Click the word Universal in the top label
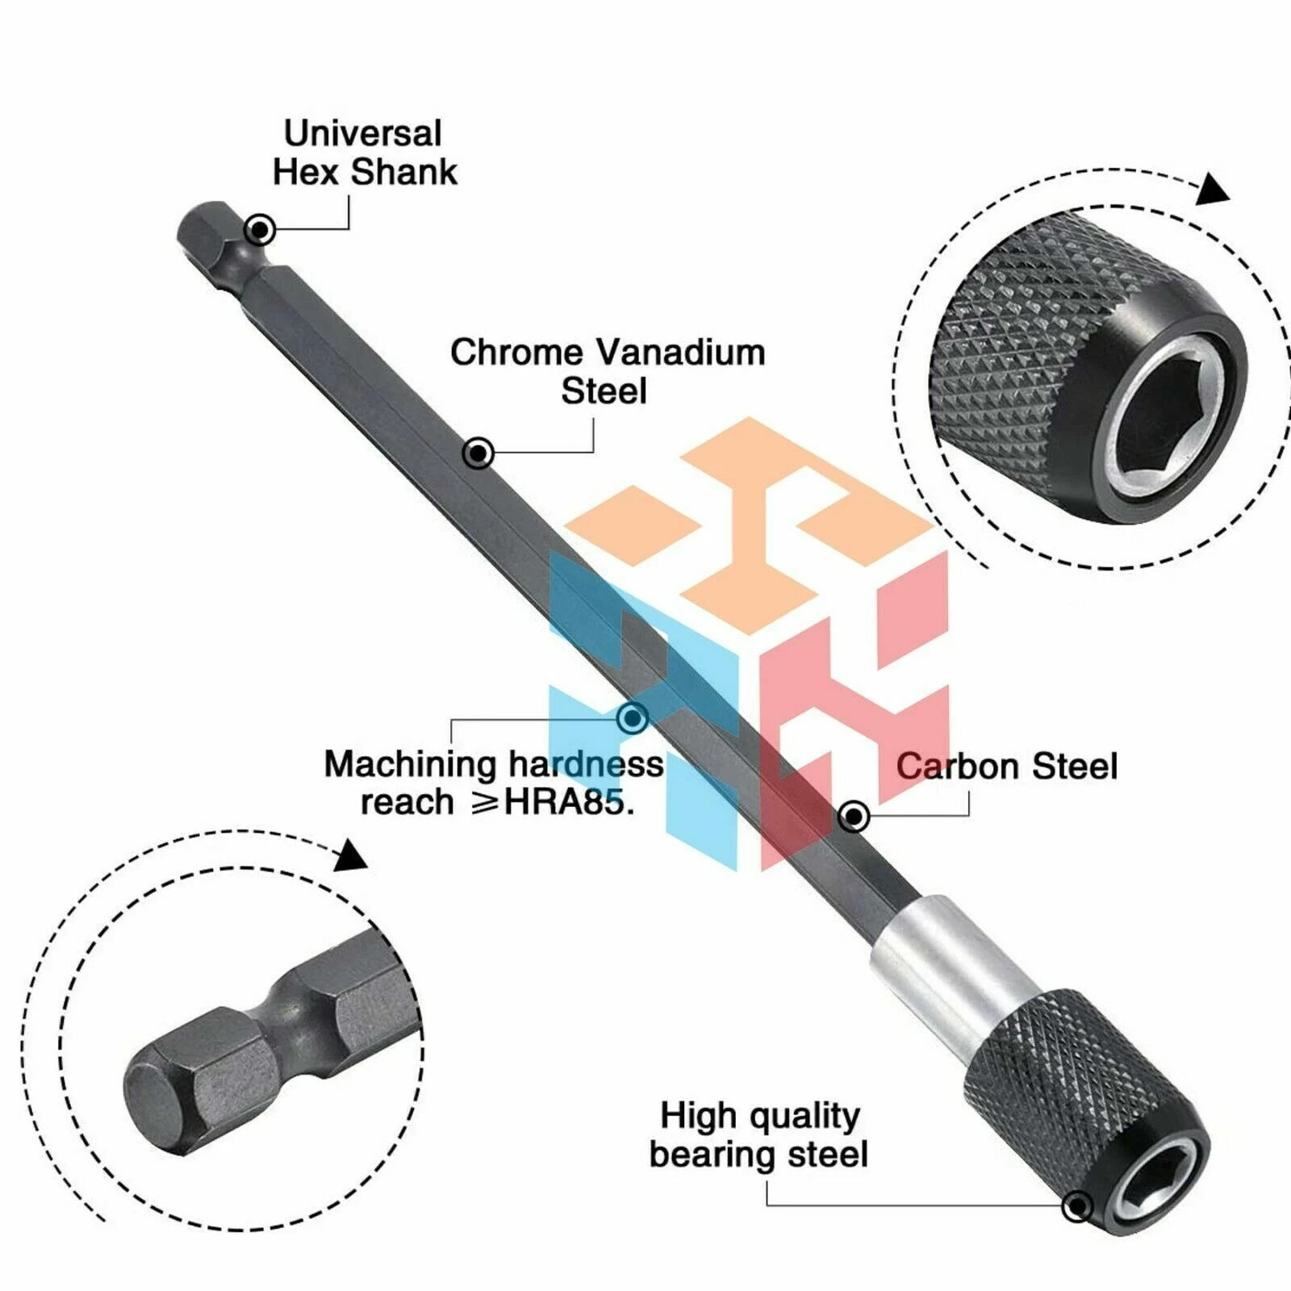pyautogui.click(x=362, y=134)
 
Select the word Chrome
pyautogui.click(x=516, y=353)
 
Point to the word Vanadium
pyautogui.click(x=681, y=353)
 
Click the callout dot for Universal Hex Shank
pyautogui.click(x=259, y=230)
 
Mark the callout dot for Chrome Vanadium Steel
pyautogui.click(x=478, y=453)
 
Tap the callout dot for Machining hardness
pyautogui.click(x=632, y=717)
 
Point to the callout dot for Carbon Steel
pyautogui.click(x=854, y=817)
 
